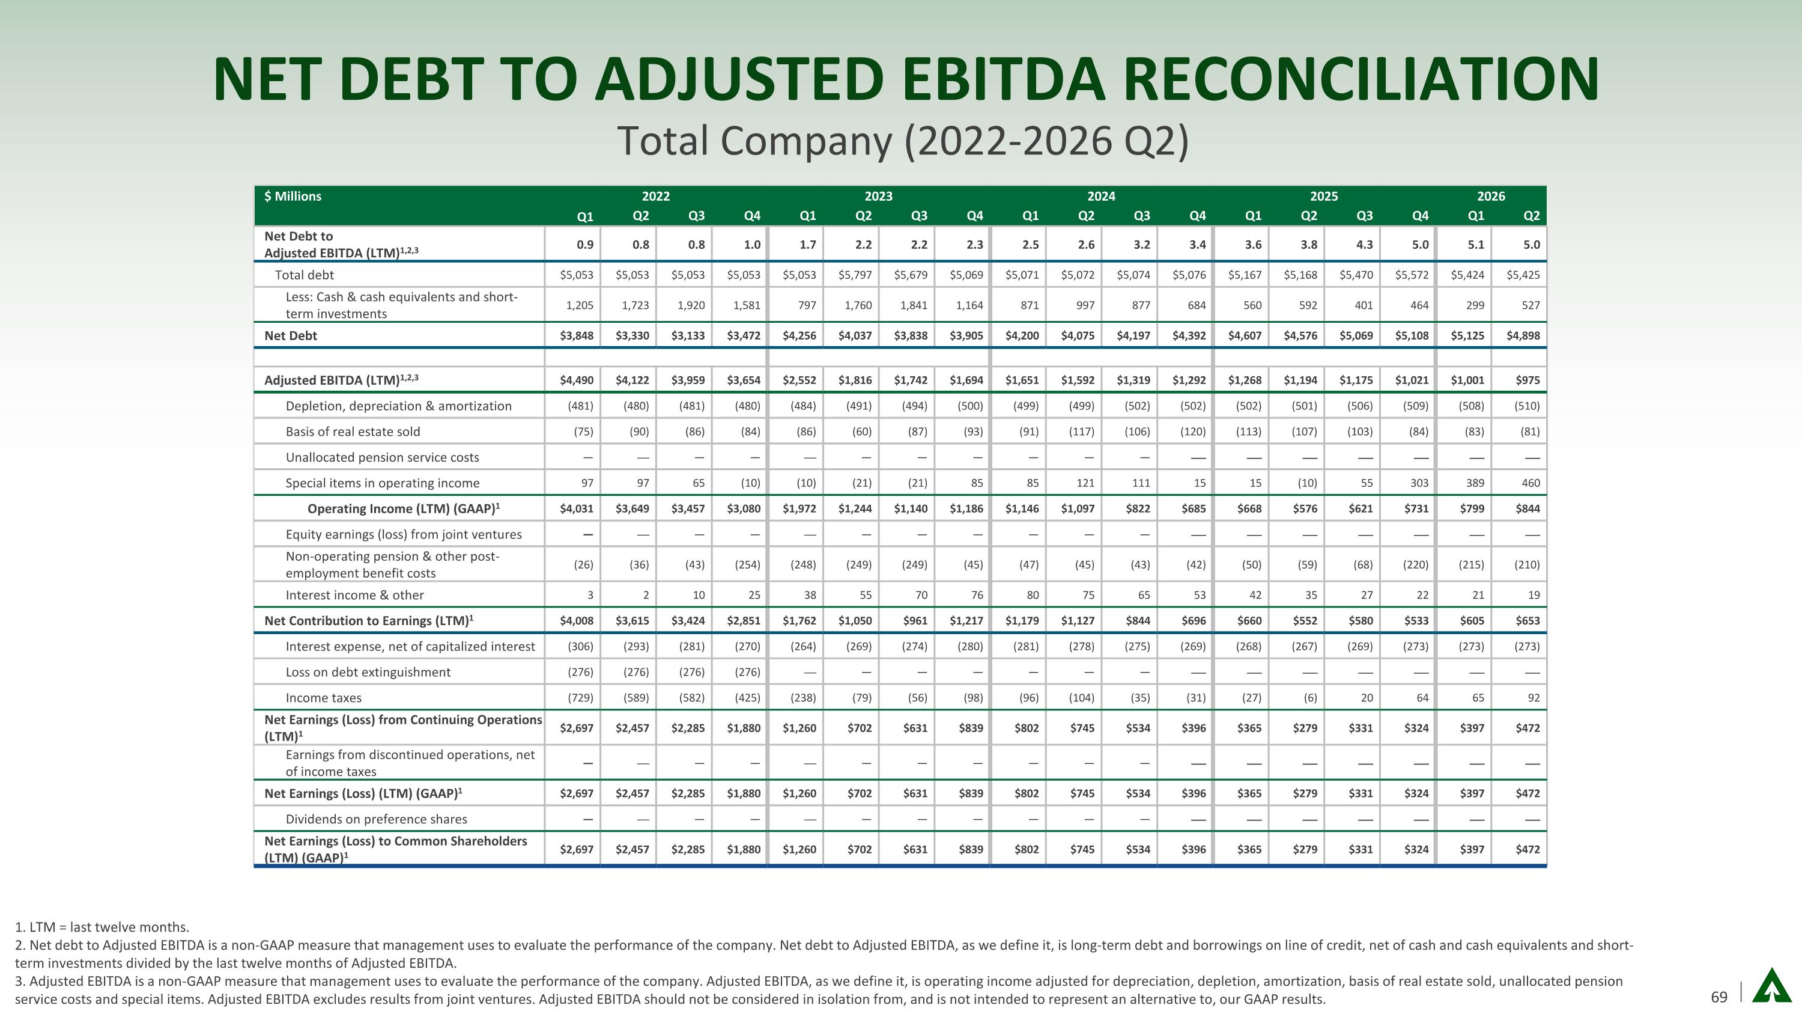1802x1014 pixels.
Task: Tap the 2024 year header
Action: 1101,197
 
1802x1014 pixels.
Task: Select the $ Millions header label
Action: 293,197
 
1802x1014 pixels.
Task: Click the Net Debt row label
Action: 290,336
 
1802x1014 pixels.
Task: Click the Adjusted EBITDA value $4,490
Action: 577,380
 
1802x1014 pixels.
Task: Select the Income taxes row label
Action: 323,698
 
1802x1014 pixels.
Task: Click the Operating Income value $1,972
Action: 799,509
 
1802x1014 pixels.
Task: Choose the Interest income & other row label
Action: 354,596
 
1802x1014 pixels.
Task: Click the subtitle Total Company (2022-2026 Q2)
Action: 903,141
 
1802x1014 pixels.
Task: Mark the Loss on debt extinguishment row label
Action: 368,673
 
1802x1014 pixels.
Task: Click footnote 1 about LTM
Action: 102,927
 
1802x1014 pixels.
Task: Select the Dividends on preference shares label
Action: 377,819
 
